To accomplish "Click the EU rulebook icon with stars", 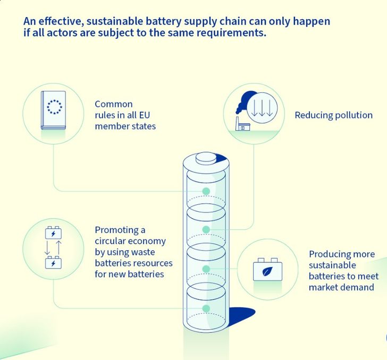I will pyautogui.click(x=53, y=110).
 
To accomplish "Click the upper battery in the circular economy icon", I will pyautogui.click(x=53, y=233).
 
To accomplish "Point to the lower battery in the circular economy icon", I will pyautogui.click(x=53, y=262).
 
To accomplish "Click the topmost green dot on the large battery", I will pyautogui.click(x=206, y=191).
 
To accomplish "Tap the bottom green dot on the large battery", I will pyautogui.click(x=206, y=308).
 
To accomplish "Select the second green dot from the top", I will pyautogui.click(x=206, y=229).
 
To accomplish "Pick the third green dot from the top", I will pyautogui.click(x=206, y=269).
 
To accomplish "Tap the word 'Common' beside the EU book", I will pyautogui.click(x=114, y=104).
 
